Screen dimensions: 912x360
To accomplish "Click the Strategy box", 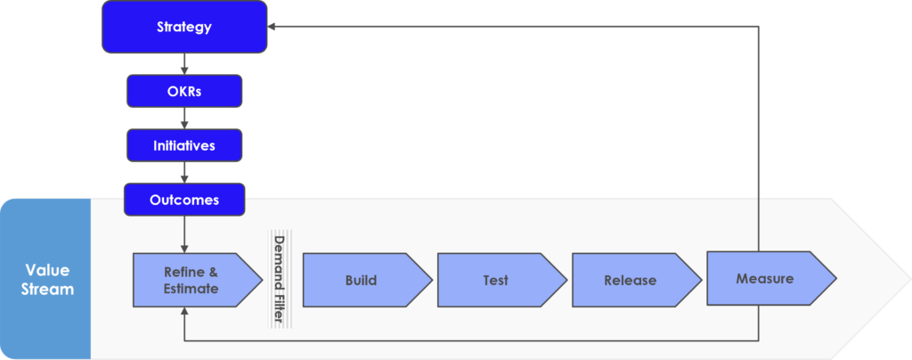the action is click(184, 27).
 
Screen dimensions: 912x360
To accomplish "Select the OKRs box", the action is click(184, 91).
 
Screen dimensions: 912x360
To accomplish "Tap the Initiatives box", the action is click(184, 145).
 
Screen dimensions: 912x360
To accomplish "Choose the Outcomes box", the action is click(184, 200).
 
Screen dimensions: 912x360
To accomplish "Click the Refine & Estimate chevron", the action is click(198, 280).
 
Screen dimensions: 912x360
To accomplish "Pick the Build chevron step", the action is click(368, 280).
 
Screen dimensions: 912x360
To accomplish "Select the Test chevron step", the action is click(502, 280).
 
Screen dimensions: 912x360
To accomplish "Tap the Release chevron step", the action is click(637, 280).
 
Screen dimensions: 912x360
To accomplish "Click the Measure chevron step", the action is click(772, 278).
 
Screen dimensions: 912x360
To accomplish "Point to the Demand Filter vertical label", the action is click(280, 279).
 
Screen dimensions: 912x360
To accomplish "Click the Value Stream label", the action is click(47, 279).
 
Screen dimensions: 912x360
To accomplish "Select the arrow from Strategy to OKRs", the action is click(184, 64).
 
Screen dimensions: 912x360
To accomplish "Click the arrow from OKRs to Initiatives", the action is click(184, 119).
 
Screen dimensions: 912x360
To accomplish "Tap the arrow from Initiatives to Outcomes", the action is click(184, 173).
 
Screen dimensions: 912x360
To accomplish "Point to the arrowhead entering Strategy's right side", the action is click(271, 27).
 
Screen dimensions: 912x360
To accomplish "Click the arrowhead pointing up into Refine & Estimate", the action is click(184, 311).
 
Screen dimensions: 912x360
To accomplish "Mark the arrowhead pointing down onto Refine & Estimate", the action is click(184, 249).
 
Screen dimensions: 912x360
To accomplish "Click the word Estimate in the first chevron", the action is click(191, 288).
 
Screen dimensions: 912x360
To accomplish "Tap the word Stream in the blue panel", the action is click(47, 289).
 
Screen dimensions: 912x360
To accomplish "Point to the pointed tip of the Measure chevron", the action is click(837, 279).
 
